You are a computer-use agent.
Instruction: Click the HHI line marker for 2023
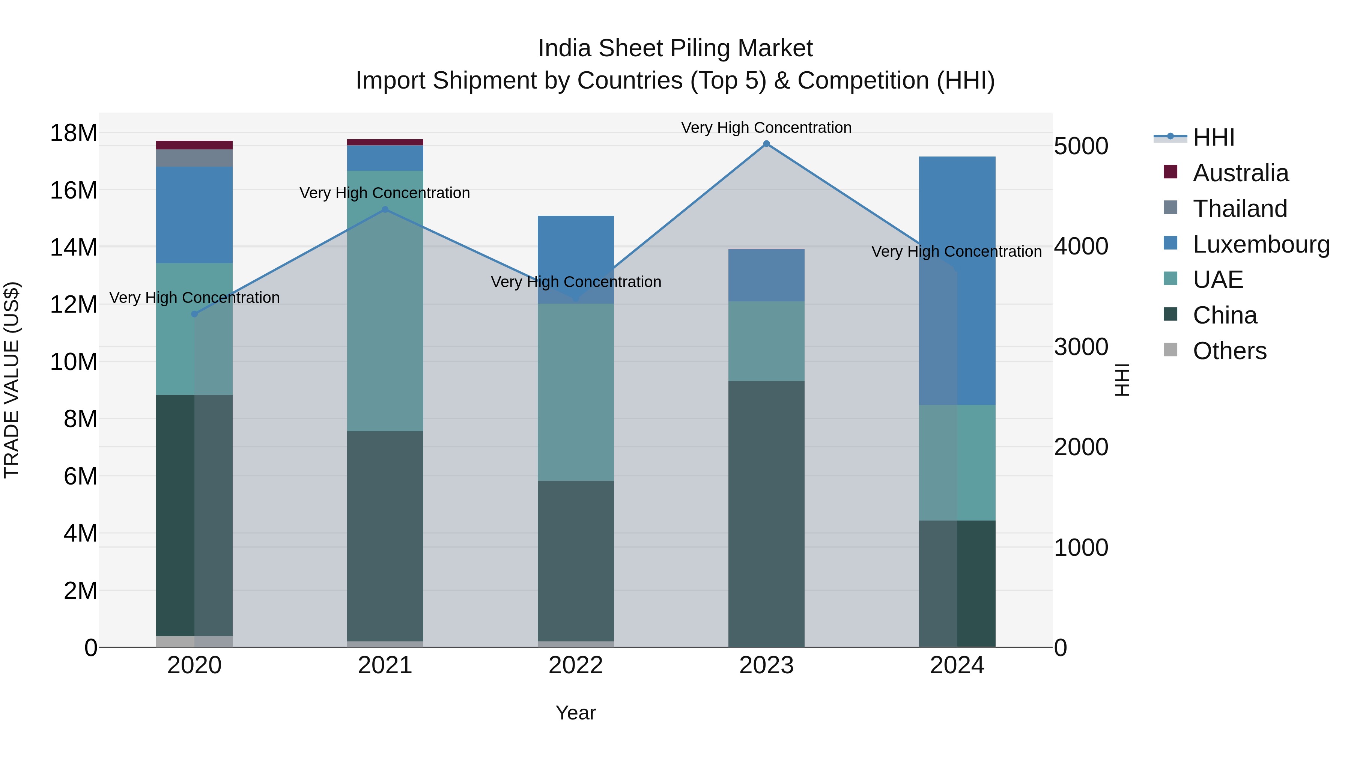pos(766,144)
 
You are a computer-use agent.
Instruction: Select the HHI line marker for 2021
pos(385,209)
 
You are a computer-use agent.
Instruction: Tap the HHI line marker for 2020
pos(194,314)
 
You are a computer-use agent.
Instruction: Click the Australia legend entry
pos(1240,173)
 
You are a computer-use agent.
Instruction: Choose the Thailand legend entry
pos(1239,209)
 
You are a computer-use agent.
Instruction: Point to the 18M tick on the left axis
pos(74,133)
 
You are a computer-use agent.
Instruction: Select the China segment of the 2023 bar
pos(766,514)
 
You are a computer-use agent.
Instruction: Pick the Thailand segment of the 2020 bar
pos(194,158)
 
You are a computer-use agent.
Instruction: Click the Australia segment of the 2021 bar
pos(385,142)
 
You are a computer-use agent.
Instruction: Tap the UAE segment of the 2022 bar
pos(575,392)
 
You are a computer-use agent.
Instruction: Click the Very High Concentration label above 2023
pos(766,128)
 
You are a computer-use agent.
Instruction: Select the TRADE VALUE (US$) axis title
pos(12,380)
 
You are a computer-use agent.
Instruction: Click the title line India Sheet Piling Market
pos(675,48)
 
